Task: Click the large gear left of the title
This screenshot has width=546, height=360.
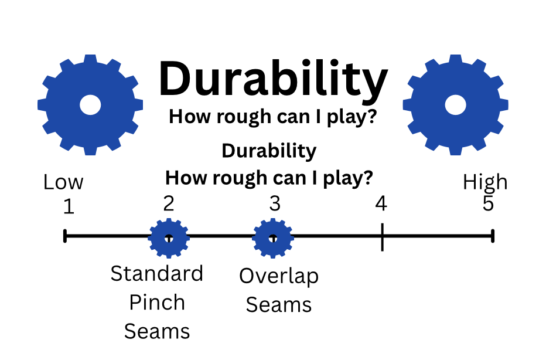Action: [90, 104]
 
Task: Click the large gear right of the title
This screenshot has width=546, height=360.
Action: [455, 104]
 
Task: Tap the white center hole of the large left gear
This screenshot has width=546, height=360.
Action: [90, 104]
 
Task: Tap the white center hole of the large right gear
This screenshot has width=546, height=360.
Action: [455, 105]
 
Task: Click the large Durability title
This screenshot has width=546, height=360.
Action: [272, 80]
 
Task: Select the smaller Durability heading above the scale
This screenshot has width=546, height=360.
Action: [269, 151]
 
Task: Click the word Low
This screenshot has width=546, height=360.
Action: [63, 182]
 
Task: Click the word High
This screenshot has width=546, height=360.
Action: [485, 182]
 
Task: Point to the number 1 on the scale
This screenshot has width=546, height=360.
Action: [69, 207]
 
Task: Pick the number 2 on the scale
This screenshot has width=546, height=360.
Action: [169, 203]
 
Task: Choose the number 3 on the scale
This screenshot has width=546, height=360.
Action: [275, 203]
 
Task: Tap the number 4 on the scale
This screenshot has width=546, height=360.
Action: [381, 203]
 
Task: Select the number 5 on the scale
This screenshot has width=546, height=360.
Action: [488, 203]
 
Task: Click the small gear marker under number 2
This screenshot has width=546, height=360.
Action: [169, 238]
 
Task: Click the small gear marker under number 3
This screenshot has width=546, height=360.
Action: [272, 238]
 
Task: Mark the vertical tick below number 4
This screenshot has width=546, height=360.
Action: [382, 237]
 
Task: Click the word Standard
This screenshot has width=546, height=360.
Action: [157, 273]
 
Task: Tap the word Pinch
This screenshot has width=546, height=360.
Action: [157, 303]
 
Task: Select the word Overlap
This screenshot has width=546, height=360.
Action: [279, 276]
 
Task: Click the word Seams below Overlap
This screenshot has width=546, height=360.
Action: [279, 305]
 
